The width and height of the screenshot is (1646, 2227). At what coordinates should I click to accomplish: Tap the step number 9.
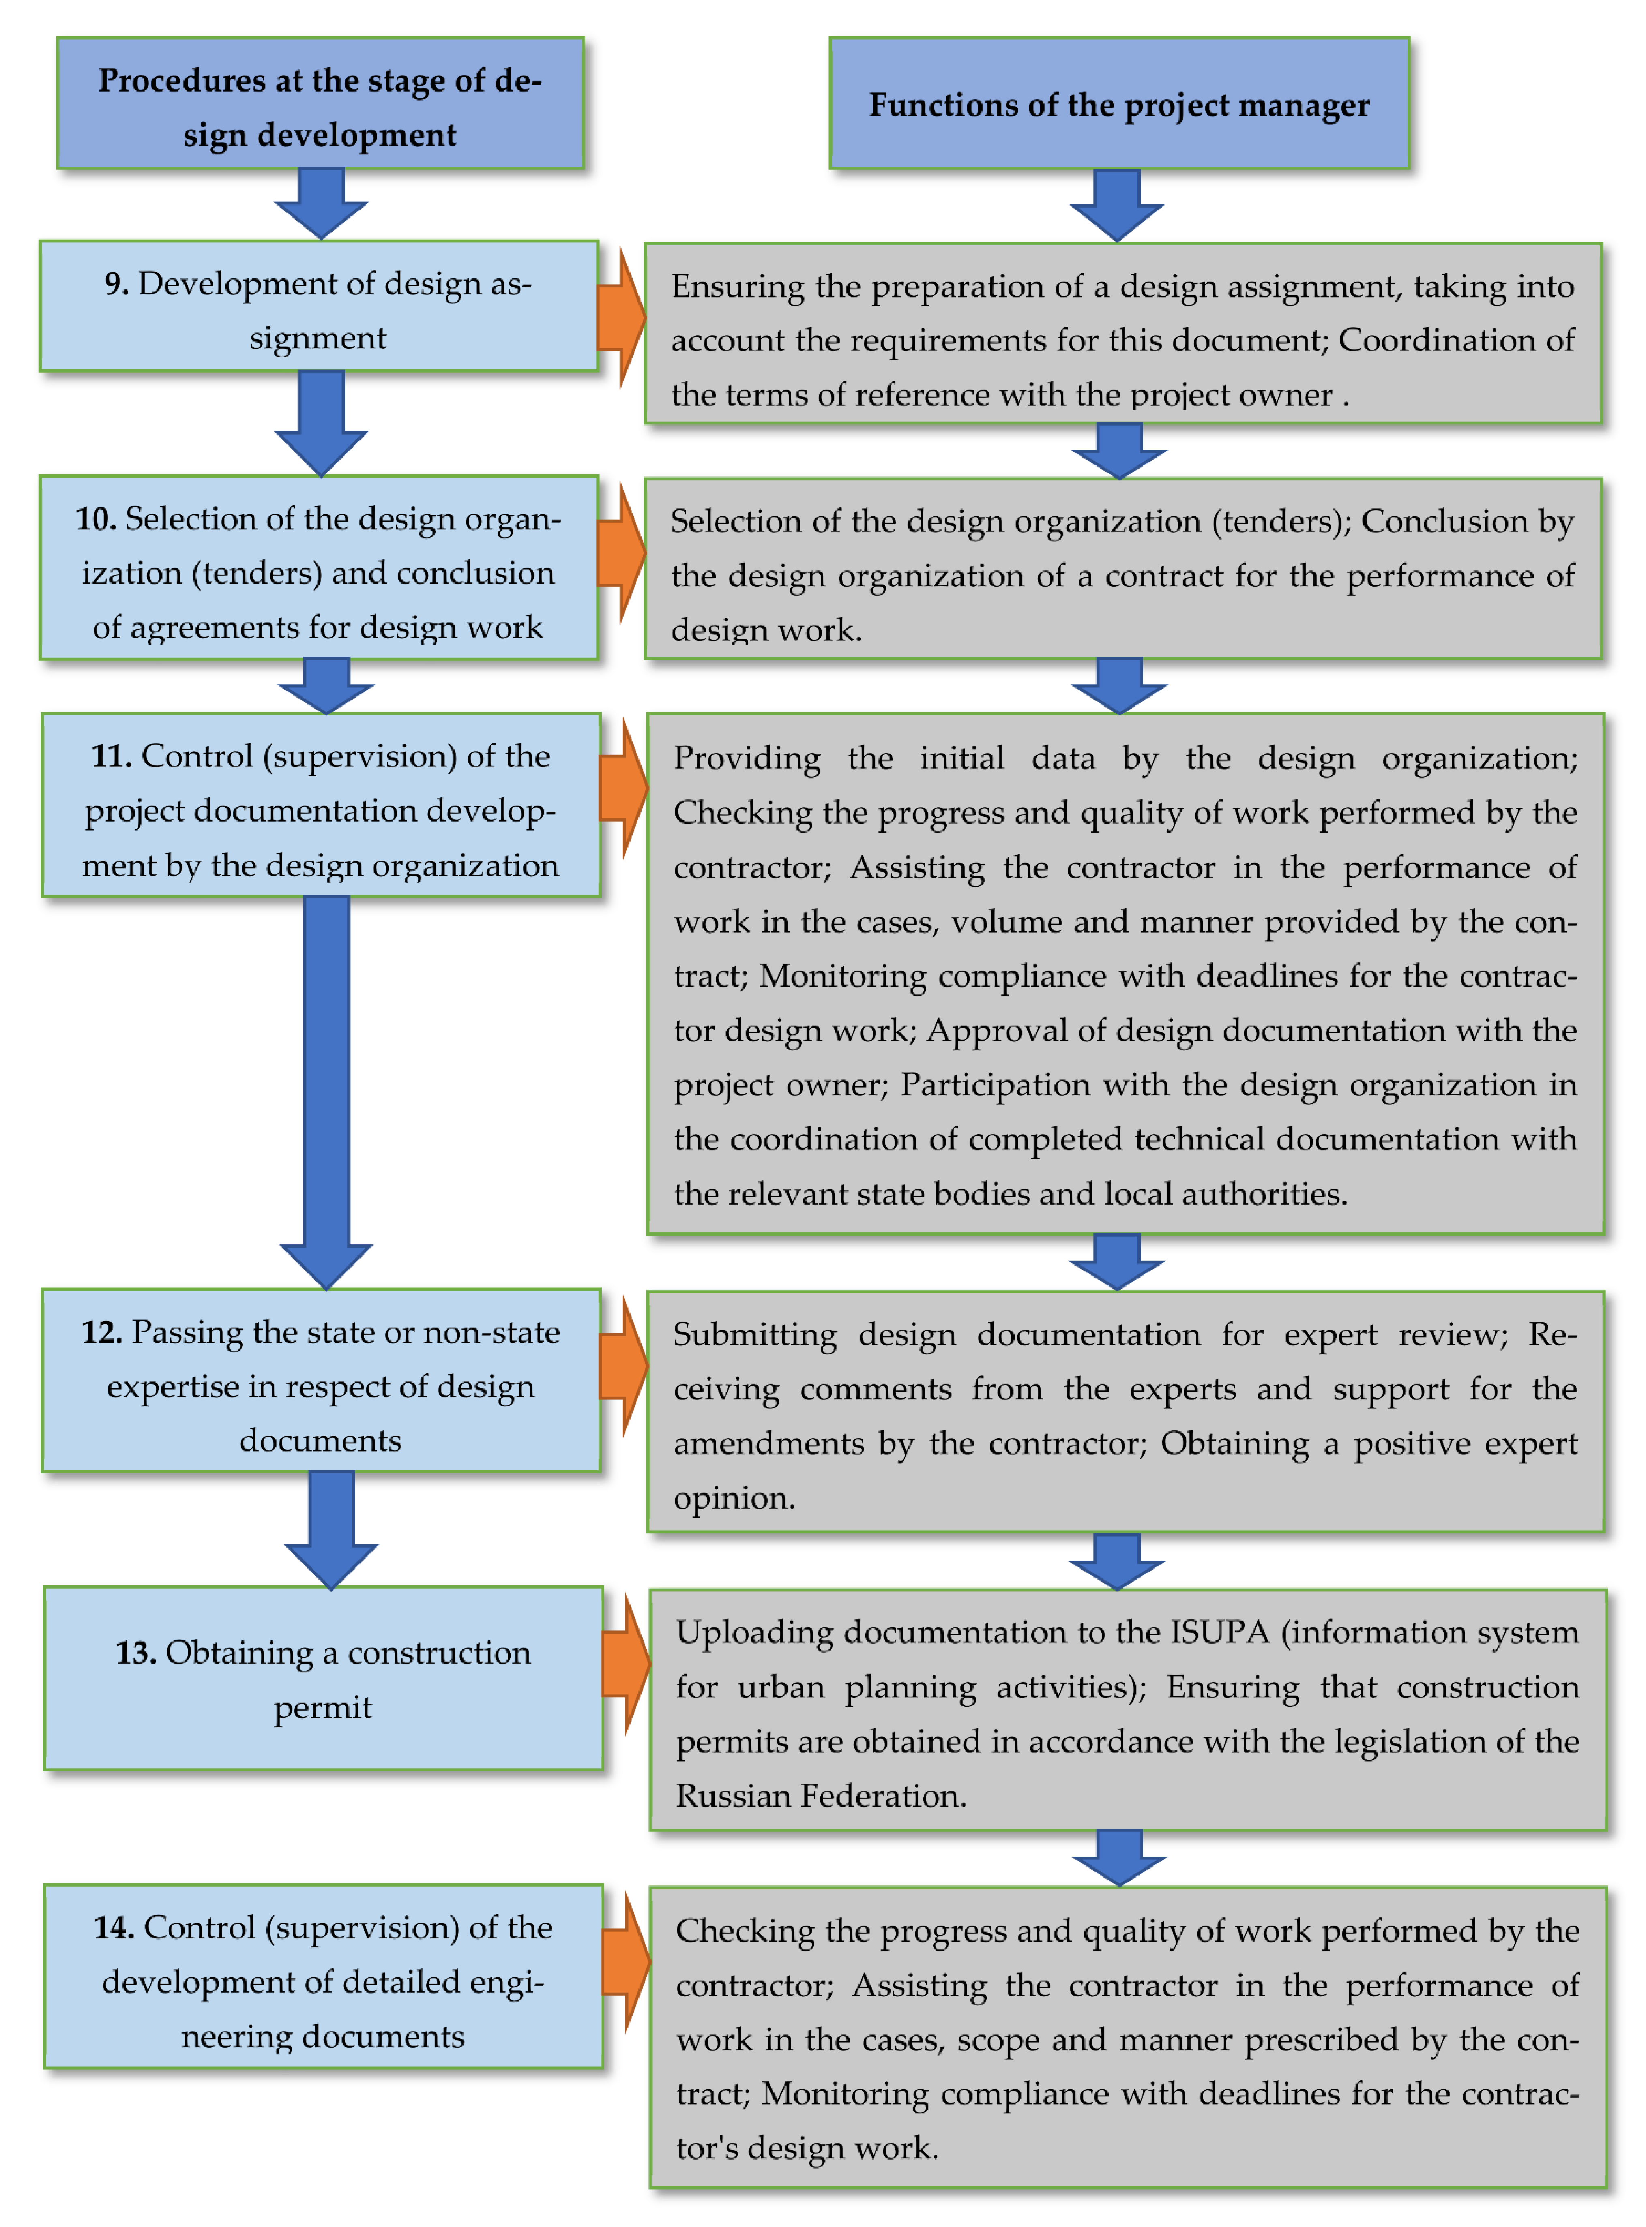[116, 284]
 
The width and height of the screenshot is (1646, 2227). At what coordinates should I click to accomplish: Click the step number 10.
[96, 519]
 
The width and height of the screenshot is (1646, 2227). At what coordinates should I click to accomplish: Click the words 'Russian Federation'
[820, 1796]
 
